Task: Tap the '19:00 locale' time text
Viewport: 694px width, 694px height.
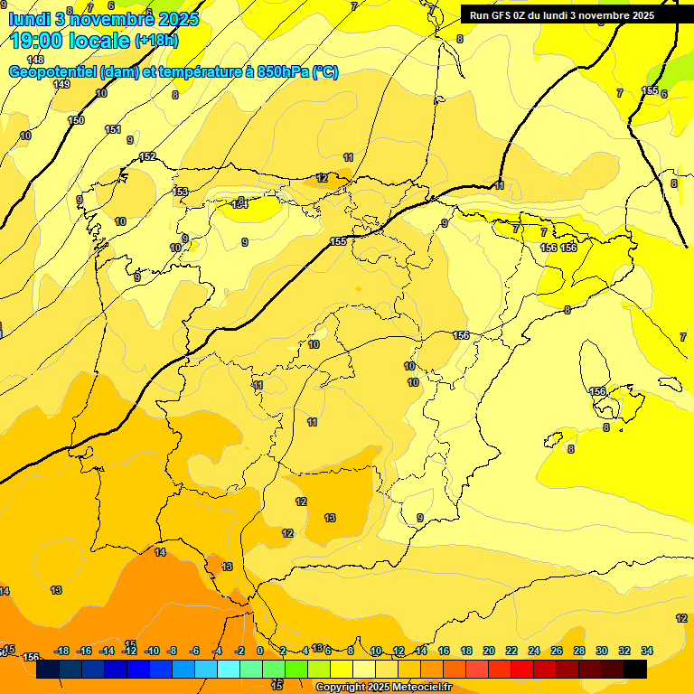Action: pos(69,41)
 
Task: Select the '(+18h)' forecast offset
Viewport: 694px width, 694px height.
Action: pos(156,41)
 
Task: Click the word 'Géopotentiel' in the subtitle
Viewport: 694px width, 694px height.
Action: pos(51,72)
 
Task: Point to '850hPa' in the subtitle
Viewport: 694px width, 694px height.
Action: pos(279,72)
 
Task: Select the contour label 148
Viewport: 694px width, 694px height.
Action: pos(35,60)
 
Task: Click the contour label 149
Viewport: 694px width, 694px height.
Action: pos(61,84)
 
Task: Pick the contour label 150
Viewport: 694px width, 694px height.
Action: pos(76,120)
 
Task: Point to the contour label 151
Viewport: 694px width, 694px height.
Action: pos(113,130)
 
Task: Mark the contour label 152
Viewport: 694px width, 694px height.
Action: pos(147,157)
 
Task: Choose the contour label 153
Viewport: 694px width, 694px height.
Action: pos(181,192)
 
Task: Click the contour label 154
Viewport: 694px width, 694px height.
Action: pos(239,205)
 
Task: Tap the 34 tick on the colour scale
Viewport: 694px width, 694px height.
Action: pos(647,651)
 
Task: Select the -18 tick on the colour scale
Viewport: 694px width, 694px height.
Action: pos(62,651)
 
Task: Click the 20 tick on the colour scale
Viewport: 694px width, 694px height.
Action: pos(489,651)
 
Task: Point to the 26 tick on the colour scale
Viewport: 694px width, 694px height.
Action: pos(557,651)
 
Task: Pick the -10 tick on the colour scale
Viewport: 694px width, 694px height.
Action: pos(152,651)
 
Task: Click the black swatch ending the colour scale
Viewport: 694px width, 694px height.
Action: pos(635,670)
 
